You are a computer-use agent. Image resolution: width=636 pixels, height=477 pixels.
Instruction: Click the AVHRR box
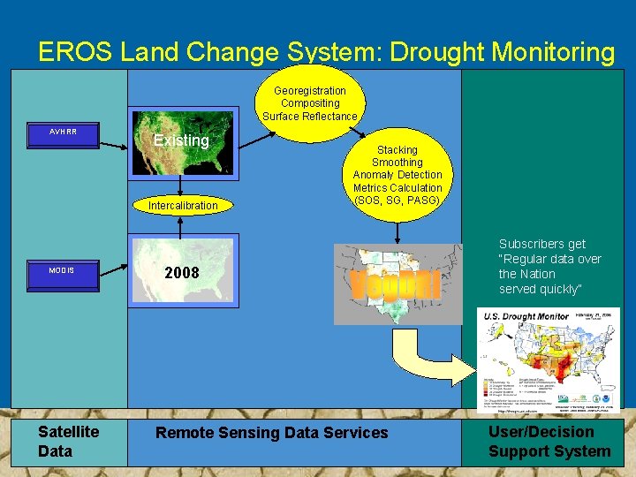click(x=63, y=132)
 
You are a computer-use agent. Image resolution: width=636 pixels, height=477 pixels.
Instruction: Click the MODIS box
click(x=63, y=269)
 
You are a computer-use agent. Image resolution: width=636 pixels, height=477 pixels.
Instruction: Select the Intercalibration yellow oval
click(x=183, y=206)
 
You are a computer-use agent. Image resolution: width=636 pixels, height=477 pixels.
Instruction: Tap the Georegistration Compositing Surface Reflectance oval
click(x=309, y=103)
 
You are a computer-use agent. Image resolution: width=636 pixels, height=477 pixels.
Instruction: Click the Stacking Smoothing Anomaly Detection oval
click(x=397, y=175)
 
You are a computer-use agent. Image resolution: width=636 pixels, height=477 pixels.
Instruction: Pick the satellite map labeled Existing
click(x=182, y=141)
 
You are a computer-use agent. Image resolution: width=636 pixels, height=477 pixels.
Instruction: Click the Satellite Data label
click(x=68, y=441)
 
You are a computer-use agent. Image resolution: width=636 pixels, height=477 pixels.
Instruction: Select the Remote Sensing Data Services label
click(x=271, y=433)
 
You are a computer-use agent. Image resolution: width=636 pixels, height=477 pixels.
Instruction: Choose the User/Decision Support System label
click(x=549, y=441)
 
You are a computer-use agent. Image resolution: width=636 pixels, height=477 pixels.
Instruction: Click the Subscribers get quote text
click(x=549, y=267)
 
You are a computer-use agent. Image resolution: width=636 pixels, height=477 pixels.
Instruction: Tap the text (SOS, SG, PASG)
click(x=397, y=201)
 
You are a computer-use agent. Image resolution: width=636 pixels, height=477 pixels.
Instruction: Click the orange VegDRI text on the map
click(x=396, y=285)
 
